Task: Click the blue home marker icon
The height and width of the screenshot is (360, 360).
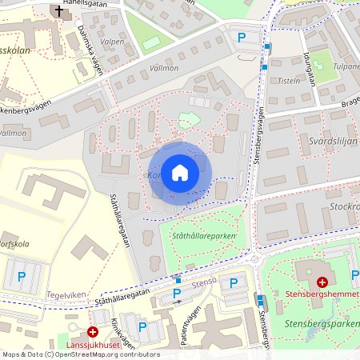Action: (x=180, y=172)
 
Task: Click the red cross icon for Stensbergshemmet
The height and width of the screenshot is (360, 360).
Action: (x=322, y=282)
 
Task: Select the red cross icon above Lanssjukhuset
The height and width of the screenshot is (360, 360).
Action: (x=93, y=331)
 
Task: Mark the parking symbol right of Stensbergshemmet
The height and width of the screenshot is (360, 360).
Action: (x=354, y=276)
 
